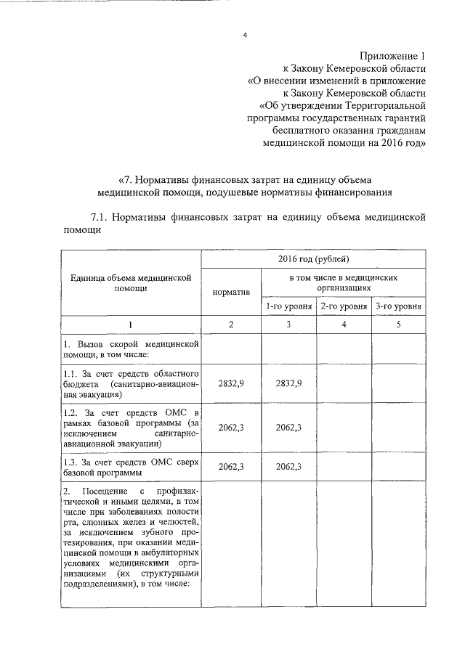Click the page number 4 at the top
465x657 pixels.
pyautogui.click(x=245, y=33)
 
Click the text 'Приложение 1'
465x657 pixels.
pyautogui.click(x=392, y=57)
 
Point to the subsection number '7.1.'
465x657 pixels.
pyautogui.click(x=102, y=216)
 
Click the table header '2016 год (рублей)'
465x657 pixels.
pyautogui.click(x=313, y=259)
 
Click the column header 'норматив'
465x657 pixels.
pyautogui.click(x=230, y=291)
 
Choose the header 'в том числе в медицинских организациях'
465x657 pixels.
pyautogui.click(x=344, y=282)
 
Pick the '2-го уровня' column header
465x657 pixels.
pyautogui.click(x=344, y=306)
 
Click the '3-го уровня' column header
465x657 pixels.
pyautogui.click(x=399, y=306)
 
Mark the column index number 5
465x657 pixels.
pyautogui.click(x=398, y=325)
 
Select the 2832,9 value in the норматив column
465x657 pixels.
pyautogui.click(x=230, y=383)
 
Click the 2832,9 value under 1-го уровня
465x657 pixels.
pyautogui.click(x=288, y=383)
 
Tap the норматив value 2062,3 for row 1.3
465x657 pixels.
pyautogui.click(x=230, y=467)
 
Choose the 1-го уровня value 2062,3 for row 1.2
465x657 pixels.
pyautogui.click(x=288, y=428)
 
